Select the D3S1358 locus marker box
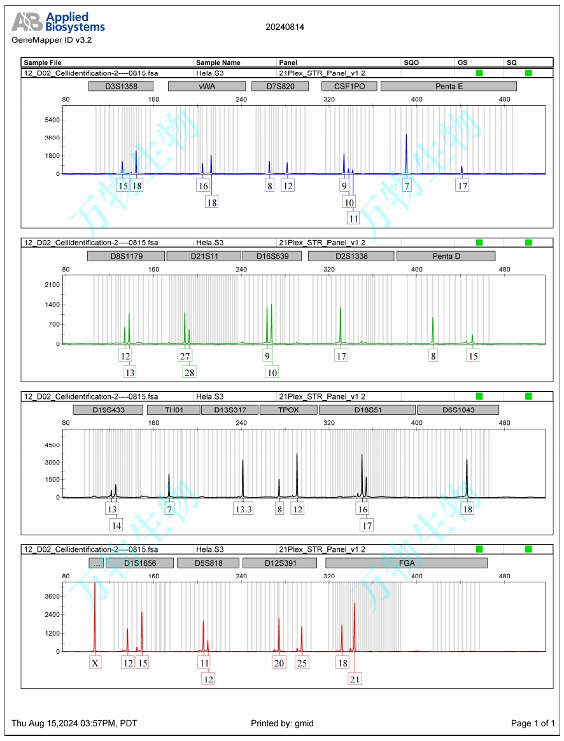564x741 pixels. pos(121,86)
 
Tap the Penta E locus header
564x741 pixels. pos(448,86)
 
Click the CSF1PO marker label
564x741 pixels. pos(349,86)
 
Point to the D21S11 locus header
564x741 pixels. pos(204,256)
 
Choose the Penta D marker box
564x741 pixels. pos(446,256)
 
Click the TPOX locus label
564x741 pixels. pos(288,410)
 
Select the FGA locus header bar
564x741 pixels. pos(406,563)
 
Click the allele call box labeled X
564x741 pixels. pos(95,663)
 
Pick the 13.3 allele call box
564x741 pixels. pos(243,509)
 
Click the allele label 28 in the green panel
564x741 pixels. pos(189,372)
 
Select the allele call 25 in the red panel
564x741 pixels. pos(302,663)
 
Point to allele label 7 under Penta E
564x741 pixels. pos(407,186)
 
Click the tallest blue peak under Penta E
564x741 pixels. pos(406,136)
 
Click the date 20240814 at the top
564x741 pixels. pos(285,27)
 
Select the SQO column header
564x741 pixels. pos(412,62)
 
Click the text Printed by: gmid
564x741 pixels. pos(283,723)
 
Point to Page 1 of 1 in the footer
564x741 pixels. pos(533,723)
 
